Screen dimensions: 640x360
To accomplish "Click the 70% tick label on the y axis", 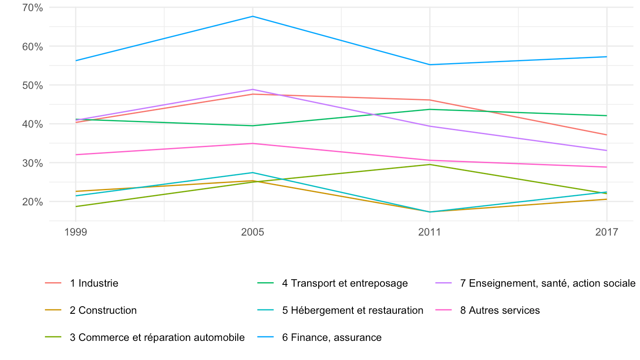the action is [32, 8].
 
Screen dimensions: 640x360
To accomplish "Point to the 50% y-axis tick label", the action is [32, 85].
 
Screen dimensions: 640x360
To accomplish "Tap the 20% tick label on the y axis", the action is [32, 202].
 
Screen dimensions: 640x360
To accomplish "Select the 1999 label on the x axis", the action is [76, 232].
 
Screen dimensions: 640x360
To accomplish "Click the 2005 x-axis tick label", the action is [252, 232].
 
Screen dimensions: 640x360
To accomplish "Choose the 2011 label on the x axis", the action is [429, 232].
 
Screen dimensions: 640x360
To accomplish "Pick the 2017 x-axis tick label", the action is [607, 232].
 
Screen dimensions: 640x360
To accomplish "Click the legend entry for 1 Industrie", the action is [82, 283].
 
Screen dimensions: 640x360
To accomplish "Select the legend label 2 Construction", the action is [91, 310].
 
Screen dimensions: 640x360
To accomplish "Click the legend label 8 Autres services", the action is [488, 310].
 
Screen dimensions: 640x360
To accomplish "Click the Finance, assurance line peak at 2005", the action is [252, 16].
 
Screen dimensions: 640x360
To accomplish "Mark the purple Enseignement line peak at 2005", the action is [252, 89].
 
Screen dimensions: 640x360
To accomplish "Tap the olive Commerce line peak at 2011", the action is [430, 164].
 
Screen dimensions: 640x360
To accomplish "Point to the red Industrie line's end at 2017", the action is [607, 135].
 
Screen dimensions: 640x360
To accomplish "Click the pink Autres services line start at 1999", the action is [76, 155].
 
